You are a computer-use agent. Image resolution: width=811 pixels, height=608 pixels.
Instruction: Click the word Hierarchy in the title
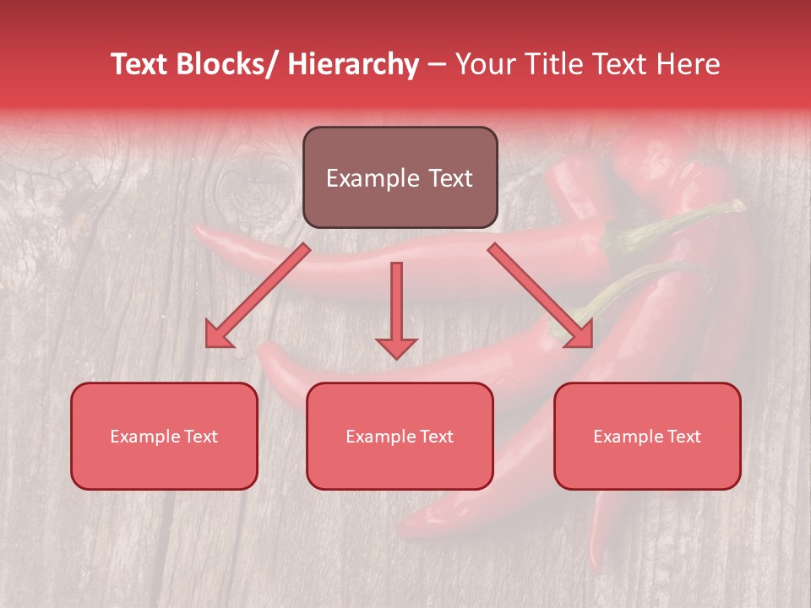click(x=352, y=65)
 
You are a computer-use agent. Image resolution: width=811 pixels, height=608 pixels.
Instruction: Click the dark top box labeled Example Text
click(x=400, y=177)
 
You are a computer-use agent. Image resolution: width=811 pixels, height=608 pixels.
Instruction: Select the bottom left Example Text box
click(x=164, y=436)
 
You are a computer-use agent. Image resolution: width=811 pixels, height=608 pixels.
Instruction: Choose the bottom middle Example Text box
click(x=400, y=436)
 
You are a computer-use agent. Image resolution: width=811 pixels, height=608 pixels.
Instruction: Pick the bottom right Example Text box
click(x=647, y=436)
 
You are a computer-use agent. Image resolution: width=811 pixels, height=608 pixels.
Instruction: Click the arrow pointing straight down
click(x=396, y=304)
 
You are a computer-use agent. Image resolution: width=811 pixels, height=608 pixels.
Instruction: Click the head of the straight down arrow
click(x=396, y=347)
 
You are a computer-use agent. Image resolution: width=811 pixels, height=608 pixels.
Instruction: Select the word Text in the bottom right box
click(x=684, y=437)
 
